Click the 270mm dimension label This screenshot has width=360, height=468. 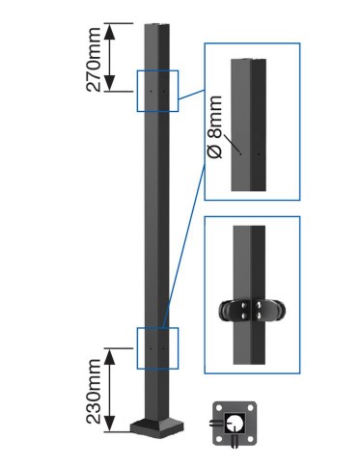click(94, 60)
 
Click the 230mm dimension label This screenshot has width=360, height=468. click(94, 391)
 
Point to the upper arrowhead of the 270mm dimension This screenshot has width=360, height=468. click(110, 31)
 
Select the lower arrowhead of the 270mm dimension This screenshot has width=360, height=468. click(110, 83)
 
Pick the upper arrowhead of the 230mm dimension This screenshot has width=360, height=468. click(110, 356)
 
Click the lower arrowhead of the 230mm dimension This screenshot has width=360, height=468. click(110, 424)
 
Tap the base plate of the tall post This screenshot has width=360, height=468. click(156, 428)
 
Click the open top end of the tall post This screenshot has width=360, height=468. click(157, 25)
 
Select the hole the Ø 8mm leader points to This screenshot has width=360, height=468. click(240, 153)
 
